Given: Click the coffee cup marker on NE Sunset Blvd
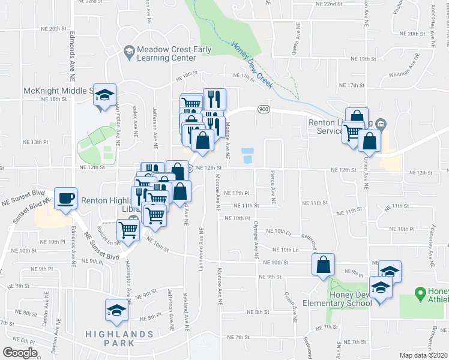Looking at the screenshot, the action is [65, 198].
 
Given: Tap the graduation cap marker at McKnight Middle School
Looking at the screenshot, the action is [104, 95].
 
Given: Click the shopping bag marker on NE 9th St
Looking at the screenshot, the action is [323, 265].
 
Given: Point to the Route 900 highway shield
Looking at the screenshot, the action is [263, 109].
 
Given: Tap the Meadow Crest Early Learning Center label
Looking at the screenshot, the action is [166, 53].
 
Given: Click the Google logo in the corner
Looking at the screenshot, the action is [20, 353].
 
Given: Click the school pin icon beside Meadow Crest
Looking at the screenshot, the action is [128, 53].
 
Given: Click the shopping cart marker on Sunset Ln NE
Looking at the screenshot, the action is [128, 229].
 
